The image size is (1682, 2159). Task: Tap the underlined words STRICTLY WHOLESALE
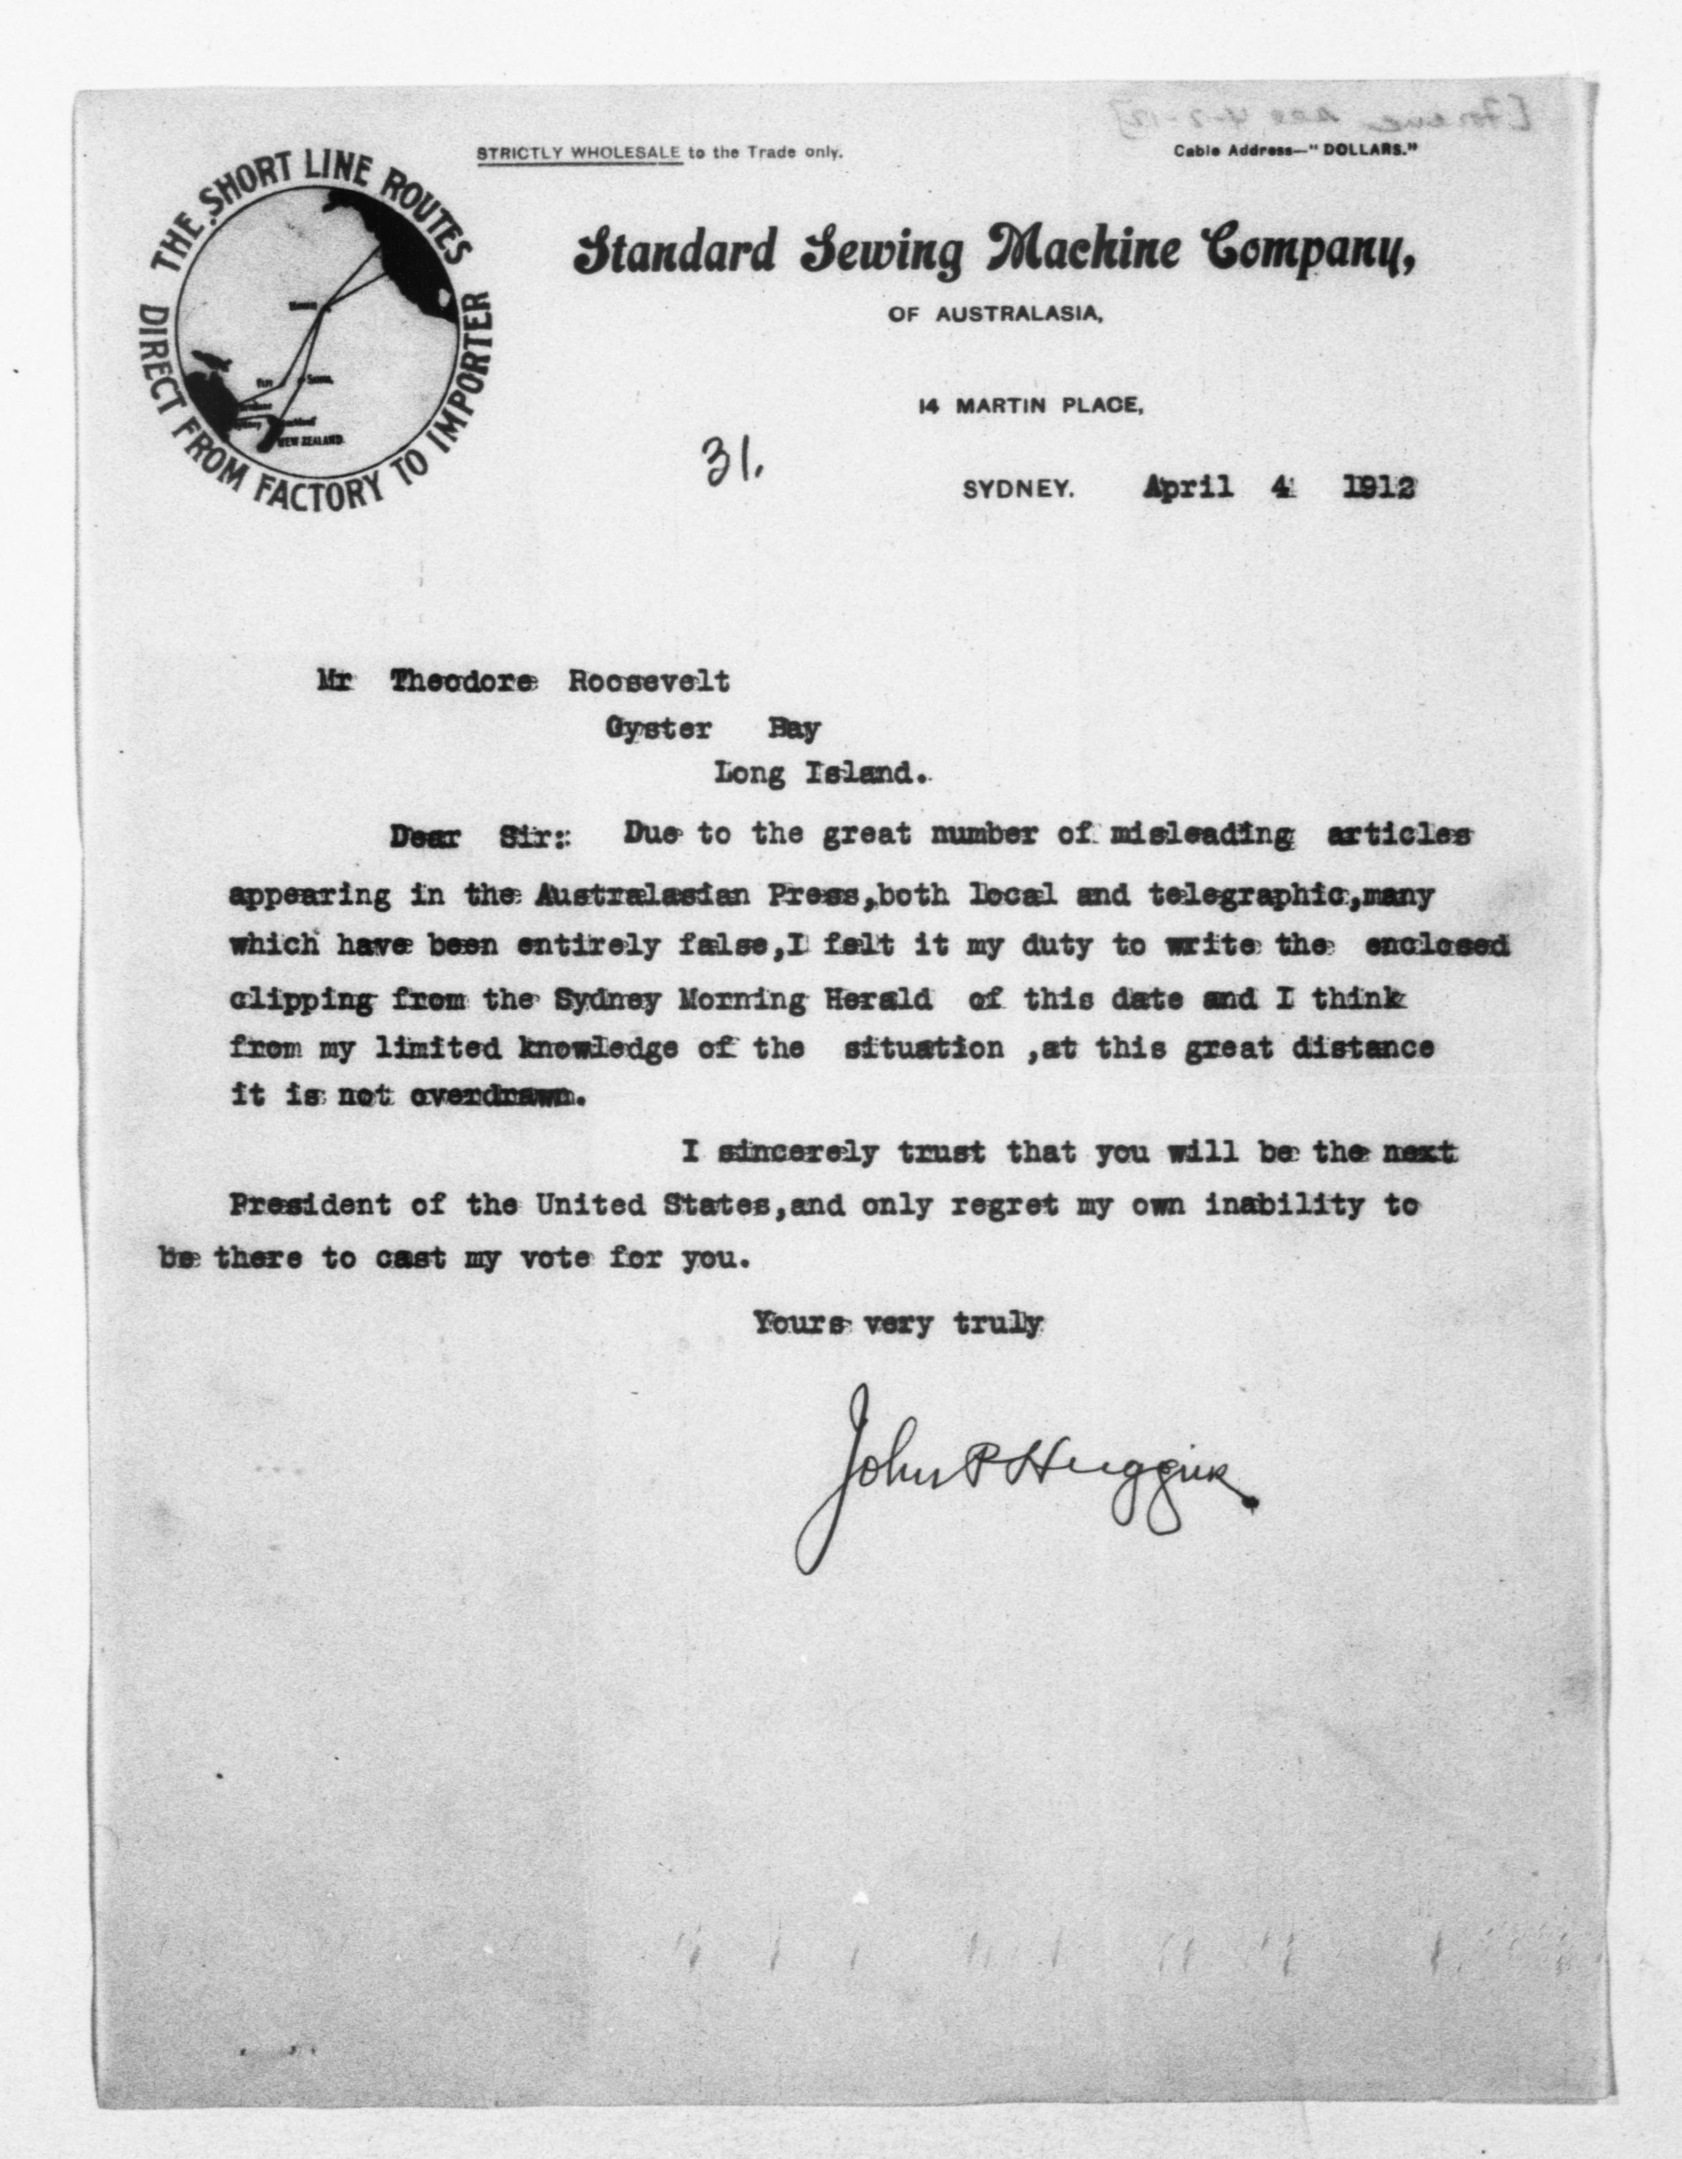pos(578,153)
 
